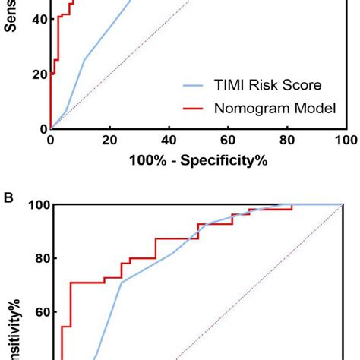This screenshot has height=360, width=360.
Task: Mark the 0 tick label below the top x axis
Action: point(51,141)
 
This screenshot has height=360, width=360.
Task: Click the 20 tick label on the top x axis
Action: point(109,141)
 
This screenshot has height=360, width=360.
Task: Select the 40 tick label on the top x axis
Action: point(169,141)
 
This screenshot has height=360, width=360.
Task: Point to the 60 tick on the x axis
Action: point(227,141)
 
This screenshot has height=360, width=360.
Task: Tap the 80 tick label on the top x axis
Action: point(286,141)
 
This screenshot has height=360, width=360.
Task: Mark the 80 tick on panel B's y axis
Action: point(36,258)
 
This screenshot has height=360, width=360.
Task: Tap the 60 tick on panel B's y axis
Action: point(36,312)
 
